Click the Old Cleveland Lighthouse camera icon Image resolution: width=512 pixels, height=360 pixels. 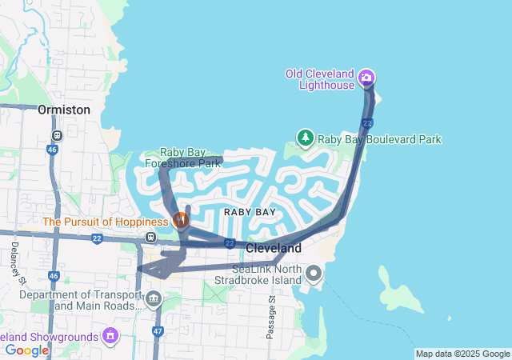pos(366,78)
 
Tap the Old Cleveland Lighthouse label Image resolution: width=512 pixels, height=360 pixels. pos(320,79)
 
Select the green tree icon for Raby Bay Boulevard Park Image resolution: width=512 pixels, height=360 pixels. pos(305,138)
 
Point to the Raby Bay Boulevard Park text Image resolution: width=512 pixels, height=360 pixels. pos(379,139)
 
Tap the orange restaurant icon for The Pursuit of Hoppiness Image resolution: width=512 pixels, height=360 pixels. pos(181,218)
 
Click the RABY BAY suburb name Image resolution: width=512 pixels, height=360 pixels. pos(250,212)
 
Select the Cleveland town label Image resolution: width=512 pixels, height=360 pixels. pos(273,248)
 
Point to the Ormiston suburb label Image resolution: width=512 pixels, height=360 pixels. pos(64,110)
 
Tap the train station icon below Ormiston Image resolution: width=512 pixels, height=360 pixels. pos(56,135)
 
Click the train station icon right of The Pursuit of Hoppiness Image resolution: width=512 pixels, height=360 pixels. pos(150,237)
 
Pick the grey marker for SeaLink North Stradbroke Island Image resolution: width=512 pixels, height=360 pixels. pos(313,274)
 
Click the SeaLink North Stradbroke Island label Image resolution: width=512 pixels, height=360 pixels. pos(266,274)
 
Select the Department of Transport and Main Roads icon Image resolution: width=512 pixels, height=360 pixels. pos(153,299)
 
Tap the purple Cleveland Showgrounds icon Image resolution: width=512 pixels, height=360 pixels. pos(110,335)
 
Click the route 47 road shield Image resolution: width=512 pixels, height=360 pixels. pos(158,330)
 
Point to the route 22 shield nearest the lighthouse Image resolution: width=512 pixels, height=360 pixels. pos(366,122)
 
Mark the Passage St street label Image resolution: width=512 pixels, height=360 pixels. pos(271,318)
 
